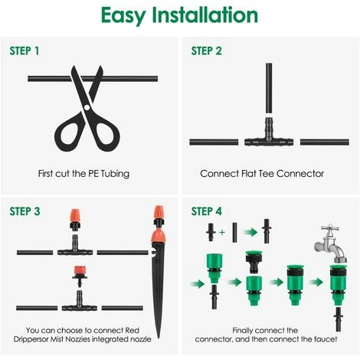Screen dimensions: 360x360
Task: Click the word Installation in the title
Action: tap(205, 15)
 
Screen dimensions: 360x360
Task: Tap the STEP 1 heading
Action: tap(25, 51)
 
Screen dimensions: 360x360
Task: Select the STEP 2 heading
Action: tap(206, 51)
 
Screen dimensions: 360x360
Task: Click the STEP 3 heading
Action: tap(25, 211)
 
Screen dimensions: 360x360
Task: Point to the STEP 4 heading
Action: tap(207, 211)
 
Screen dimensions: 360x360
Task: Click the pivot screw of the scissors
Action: tap(87, 107)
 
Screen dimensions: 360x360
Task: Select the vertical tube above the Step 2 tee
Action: tap(269, 88)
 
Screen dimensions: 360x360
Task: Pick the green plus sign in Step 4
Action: tap(222, 232)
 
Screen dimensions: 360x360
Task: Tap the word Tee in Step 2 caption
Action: tap(267, 174)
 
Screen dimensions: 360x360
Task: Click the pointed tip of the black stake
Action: tap(159, 337)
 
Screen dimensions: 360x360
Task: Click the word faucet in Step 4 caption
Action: tap(324, 339)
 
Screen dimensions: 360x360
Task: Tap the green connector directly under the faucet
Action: tap(338, 285)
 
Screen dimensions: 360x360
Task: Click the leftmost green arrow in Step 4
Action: tap(198, 283)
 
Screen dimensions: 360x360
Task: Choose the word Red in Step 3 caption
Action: tap(132, 330)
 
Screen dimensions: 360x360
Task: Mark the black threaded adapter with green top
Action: tap(254, 263)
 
